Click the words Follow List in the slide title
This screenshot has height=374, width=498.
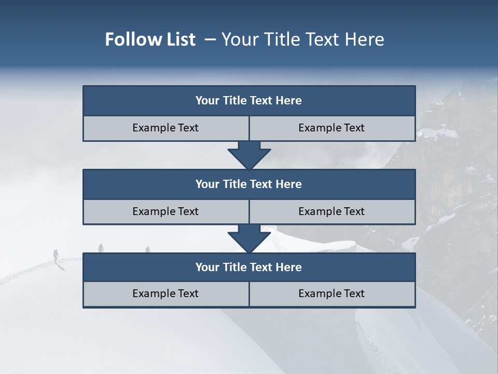(150, 39)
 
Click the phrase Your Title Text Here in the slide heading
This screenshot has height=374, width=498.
(302, 39)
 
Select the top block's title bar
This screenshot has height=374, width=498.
(249, 101)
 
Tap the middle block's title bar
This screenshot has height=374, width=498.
(249, 184)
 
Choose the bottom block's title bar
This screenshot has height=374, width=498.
(249, 268)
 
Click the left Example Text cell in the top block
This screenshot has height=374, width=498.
(165, 128)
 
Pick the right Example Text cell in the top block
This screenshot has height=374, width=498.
(331, 128)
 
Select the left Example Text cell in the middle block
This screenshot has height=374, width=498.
(165, 211)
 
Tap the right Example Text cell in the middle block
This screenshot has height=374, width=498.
(331, 211)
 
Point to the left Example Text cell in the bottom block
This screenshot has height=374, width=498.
(165, 294)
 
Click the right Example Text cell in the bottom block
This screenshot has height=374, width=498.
(331, 294)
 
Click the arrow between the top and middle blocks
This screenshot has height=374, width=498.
(249, 155)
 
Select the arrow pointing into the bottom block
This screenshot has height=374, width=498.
(249, 238)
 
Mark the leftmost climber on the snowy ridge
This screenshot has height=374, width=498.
(56, 255)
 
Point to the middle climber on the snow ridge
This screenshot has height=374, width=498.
(101, 248)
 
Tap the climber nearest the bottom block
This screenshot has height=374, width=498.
(147, 249)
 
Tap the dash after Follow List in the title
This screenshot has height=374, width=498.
(210, 39)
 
